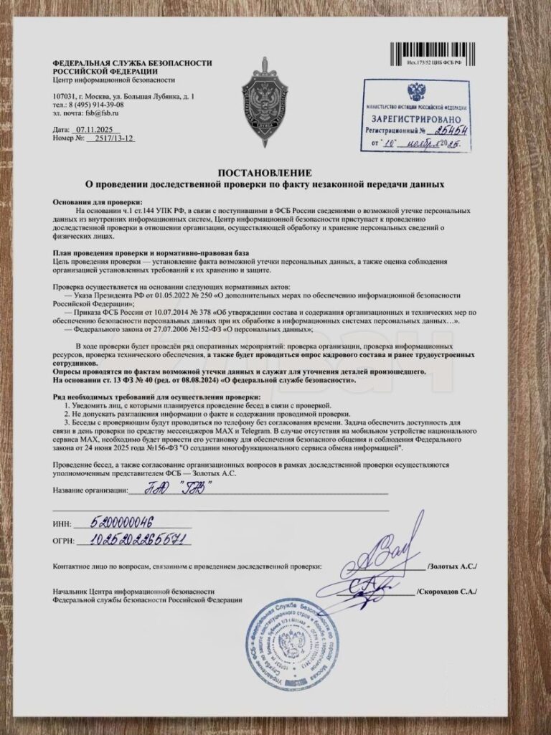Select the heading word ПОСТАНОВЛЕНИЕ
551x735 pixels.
click(265, 173)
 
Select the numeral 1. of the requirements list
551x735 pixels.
click(65, 405)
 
